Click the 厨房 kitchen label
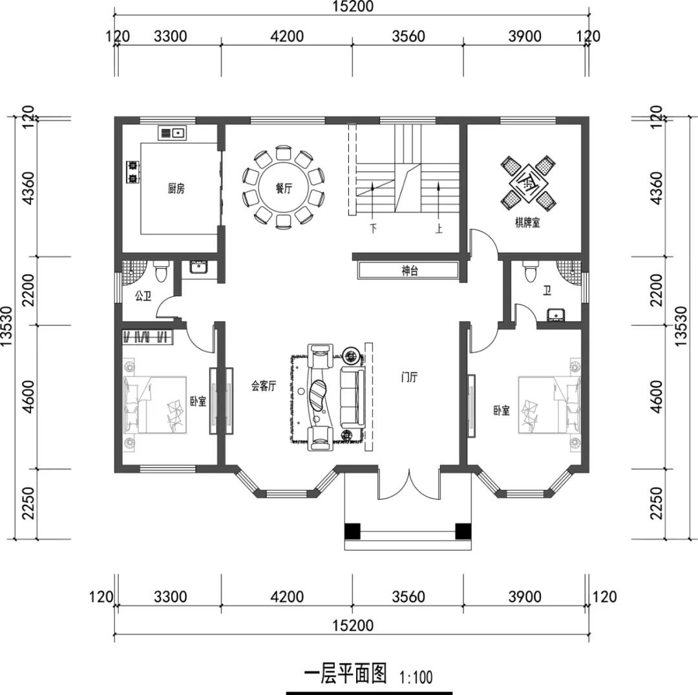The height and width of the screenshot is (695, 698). click(176, 189)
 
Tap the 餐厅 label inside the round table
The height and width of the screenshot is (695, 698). click(284, 189)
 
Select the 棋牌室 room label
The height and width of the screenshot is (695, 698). click(527, 222)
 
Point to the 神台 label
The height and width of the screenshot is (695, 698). click(410, 271)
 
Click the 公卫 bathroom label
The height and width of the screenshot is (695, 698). click(143, 296)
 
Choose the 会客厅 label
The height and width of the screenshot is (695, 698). click(264, 386)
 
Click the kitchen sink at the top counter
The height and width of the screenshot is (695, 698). click(173, 133)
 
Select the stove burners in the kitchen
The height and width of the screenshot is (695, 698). click(132, 172)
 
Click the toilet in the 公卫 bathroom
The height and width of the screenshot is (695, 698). click(161, 271)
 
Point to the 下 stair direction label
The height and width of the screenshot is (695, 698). click(373, 230)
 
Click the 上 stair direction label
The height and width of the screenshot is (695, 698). click(438, 230)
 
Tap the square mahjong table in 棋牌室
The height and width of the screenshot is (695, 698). click(527, 182)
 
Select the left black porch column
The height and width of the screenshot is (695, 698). click(352, 531)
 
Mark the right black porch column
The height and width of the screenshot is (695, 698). click(463, 531)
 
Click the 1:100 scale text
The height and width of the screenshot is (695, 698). click(416, 678)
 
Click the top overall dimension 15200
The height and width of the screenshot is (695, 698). click(352, 6)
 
